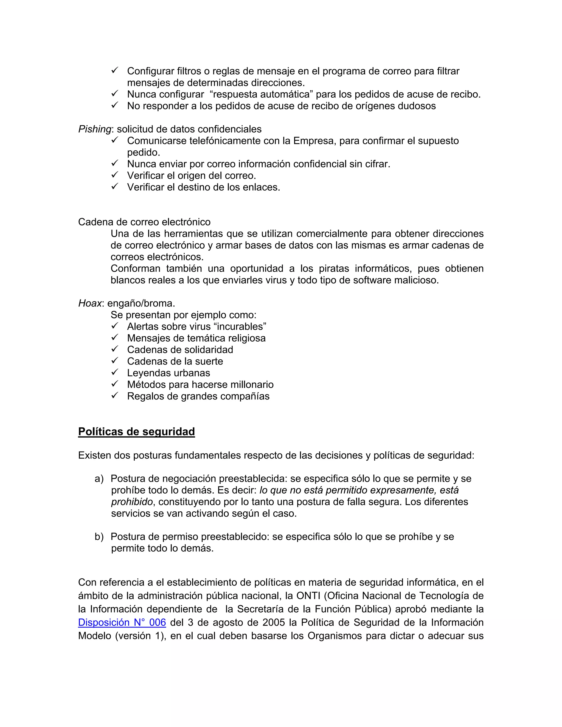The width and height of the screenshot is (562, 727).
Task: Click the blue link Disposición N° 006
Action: pos(122,622)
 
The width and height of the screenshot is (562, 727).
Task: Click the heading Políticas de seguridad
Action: pos(136,432)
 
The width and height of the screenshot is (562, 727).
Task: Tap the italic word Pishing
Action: pos(95,129)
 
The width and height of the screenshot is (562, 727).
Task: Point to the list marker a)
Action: pos(99,479)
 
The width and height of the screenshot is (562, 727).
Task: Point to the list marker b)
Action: pos(99,537)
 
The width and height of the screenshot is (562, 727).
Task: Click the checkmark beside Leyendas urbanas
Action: pos(115,372)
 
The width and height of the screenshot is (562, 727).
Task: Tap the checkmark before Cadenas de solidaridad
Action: pos(115,349)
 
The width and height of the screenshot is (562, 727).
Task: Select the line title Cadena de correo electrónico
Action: pos(144,222)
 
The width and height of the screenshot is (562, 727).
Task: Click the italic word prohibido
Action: pos(132,502)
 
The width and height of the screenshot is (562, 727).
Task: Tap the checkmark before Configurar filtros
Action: pos(115,70)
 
